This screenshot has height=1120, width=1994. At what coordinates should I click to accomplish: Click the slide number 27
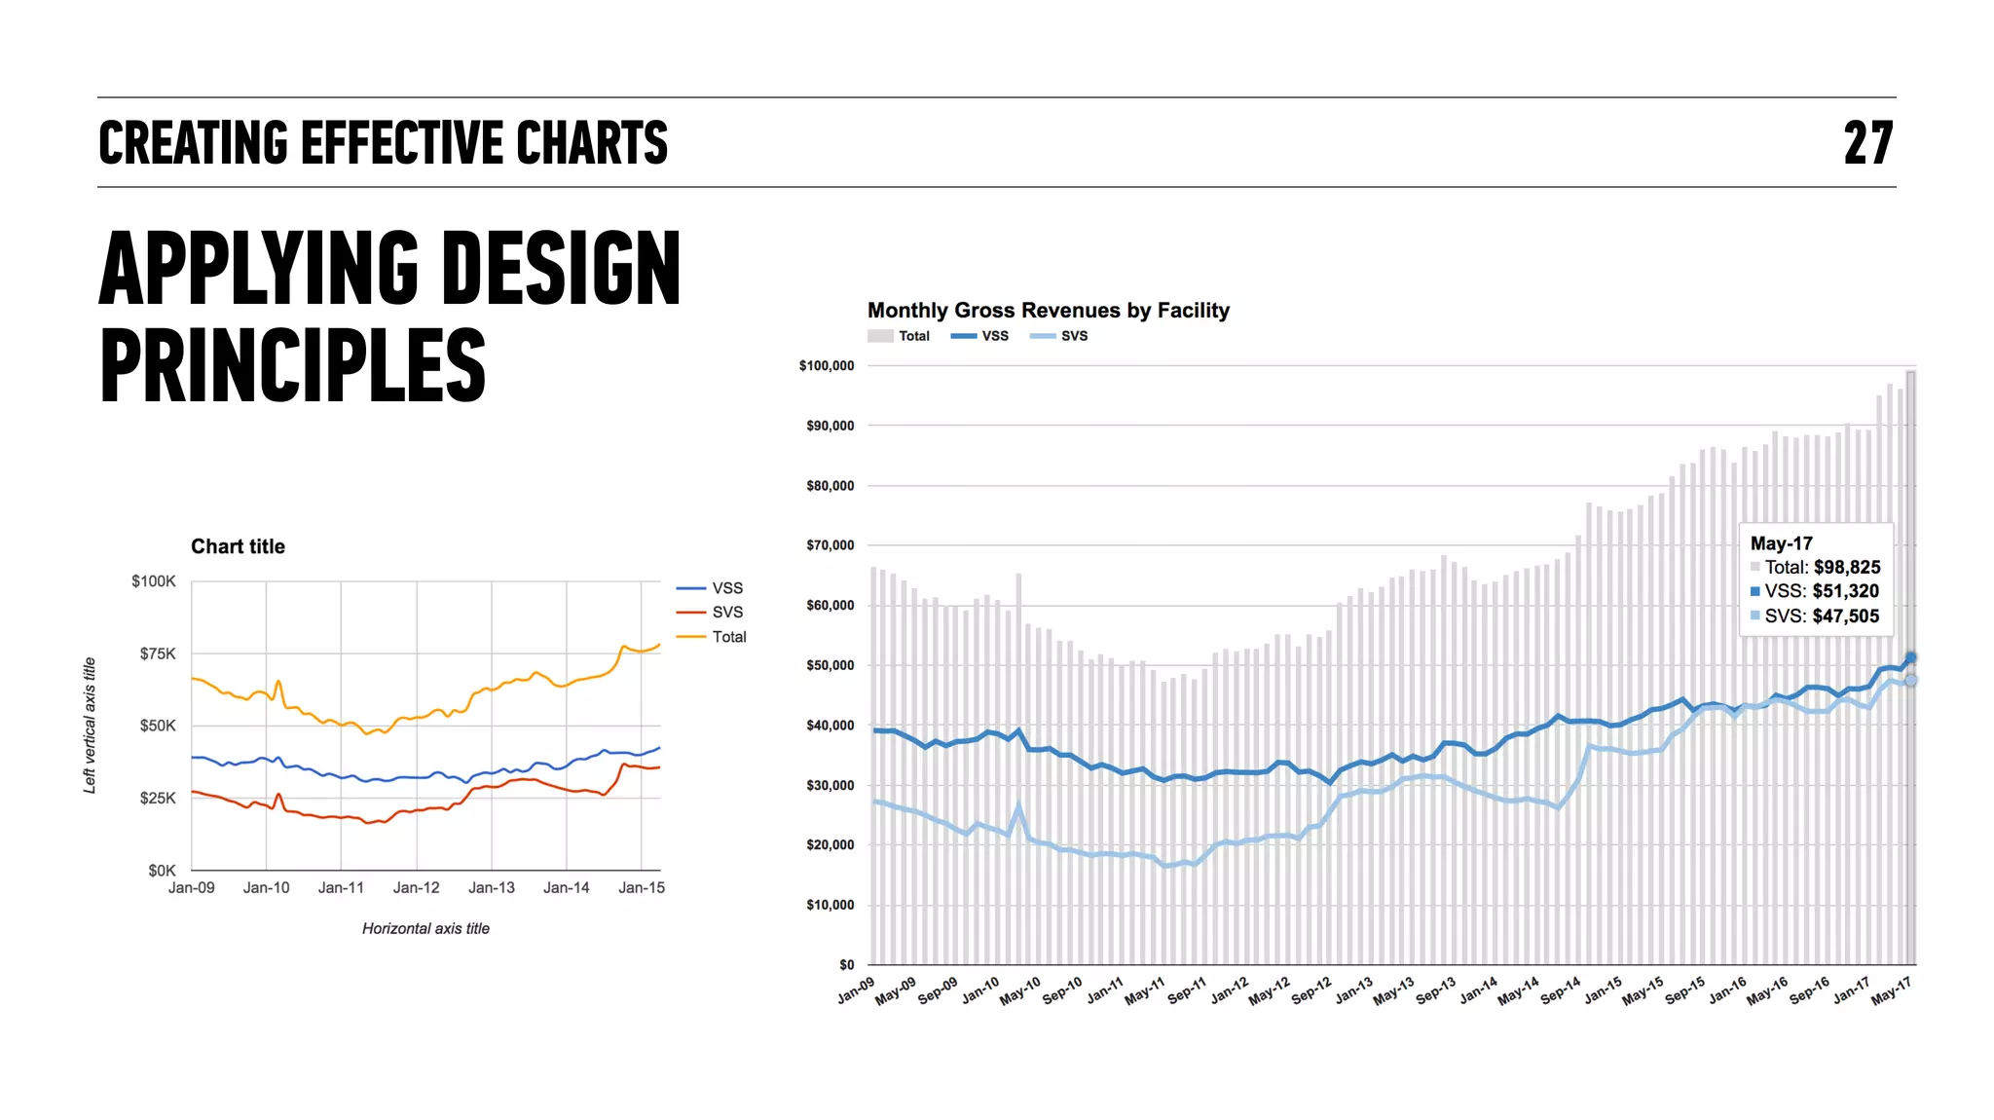click(x=1867, y=143)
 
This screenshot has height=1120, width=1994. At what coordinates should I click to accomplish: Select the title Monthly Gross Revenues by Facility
click(x=1048, y=311)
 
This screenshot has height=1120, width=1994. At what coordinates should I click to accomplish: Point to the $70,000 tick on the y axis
click(x=830, y=545)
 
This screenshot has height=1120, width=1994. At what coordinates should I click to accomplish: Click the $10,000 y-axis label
click(x=830, y=905)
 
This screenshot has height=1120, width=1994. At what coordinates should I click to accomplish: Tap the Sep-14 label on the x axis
click(x=1560, y=990)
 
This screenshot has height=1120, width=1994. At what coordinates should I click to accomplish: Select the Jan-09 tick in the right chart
click(x=856, y=990)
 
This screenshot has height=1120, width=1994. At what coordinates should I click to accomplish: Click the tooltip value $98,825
click(x=1847, y=567)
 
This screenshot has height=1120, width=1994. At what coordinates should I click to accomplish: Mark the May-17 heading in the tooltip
click(x=1781, y=543)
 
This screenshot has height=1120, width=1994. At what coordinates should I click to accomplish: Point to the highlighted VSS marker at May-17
click(x=1910, y=658)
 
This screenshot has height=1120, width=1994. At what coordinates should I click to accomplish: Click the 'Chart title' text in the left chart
click(x=238, y=546)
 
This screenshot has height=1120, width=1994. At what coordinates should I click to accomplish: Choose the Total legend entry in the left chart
click(x=728, y=637)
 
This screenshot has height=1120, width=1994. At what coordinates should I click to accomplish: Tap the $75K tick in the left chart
click(x=158, y=653)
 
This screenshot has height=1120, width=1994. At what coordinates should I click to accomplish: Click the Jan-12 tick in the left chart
click(x=416, y=887)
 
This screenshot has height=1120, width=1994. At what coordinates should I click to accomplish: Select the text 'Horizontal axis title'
click(x=425, y=928)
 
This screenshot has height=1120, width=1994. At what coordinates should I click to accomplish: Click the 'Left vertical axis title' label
click(x=90, y=725)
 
